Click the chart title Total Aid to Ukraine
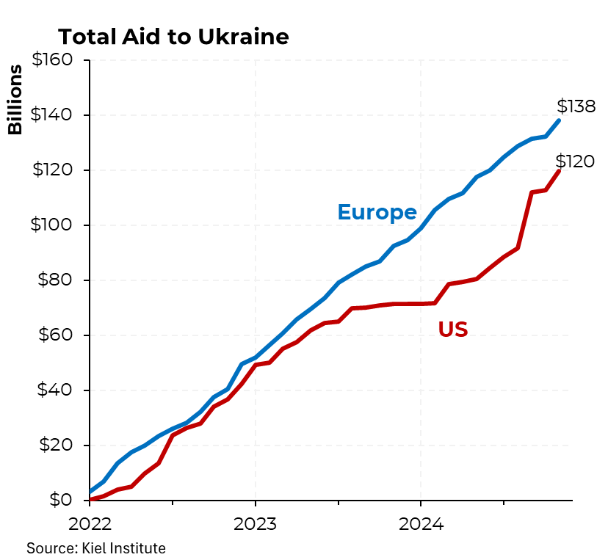pos(173,37)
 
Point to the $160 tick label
pos(51,59)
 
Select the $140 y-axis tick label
pos(51,114)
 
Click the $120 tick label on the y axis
pos(51,170)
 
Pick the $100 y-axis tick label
pos(51,225)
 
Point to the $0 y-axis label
pos(61,500)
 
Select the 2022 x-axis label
pos(90,526)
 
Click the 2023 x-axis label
pos(255,526)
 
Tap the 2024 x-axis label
pos(420,526)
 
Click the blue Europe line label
pos(377,212)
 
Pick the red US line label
pos(453,330)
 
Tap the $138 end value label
pos(576,106)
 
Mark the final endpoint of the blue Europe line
pos(560,120)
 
